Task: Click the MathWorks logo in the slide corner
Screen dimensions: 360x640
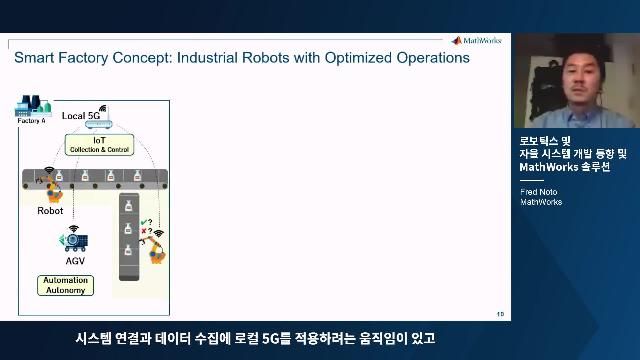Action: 480,41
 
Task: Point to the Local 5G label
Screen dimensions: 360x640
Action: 80,116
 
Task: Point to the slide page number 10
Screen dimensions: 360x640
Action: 499,313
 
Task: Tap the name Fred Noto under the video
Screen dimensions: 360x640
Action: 538,191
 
